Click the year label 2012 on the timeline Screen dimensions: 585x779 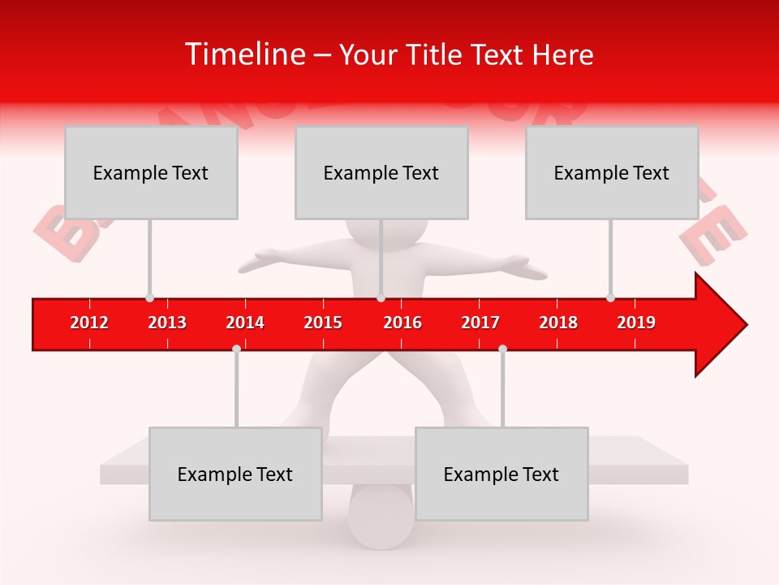[x=89, y=323]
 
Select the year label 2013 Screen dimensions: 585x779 [x=167, y=323]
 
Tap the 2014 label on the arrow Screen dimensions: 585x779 [x=245, y=323]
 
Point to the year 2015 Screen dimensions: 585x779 [x=323, y=323]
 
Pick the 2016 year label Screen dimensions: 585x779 [x=402, y=323]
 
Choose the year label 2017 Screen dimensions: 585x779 [x=480, y=323]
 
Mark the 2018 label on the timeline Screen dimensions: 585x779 [x=558, y=323]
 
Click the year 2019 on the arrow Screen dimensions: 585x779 [x=636, y=323]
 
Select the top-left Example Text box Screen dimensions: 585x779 [x=151, y=172]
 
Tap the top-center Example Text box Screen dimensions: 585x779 [x=381, y=172]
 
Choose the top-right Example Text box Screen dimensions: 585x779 [x=612, y=172]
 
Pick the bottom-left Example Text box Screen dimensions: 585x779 [x=235, y=474]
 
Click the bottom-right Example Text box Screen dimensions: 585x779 [x=501, y=474]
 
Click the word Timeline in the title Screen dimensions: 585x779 [x=243, y=54]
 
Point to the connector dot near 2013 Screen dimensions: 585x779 [x=149, y=298]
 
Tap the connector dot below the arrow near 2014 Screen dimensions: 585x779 [x=236, y=349]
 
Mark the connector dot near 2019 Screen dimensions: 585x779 [x=610, y=298]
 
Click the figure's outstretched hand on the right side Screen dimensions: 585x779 [x=524, y=266]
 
